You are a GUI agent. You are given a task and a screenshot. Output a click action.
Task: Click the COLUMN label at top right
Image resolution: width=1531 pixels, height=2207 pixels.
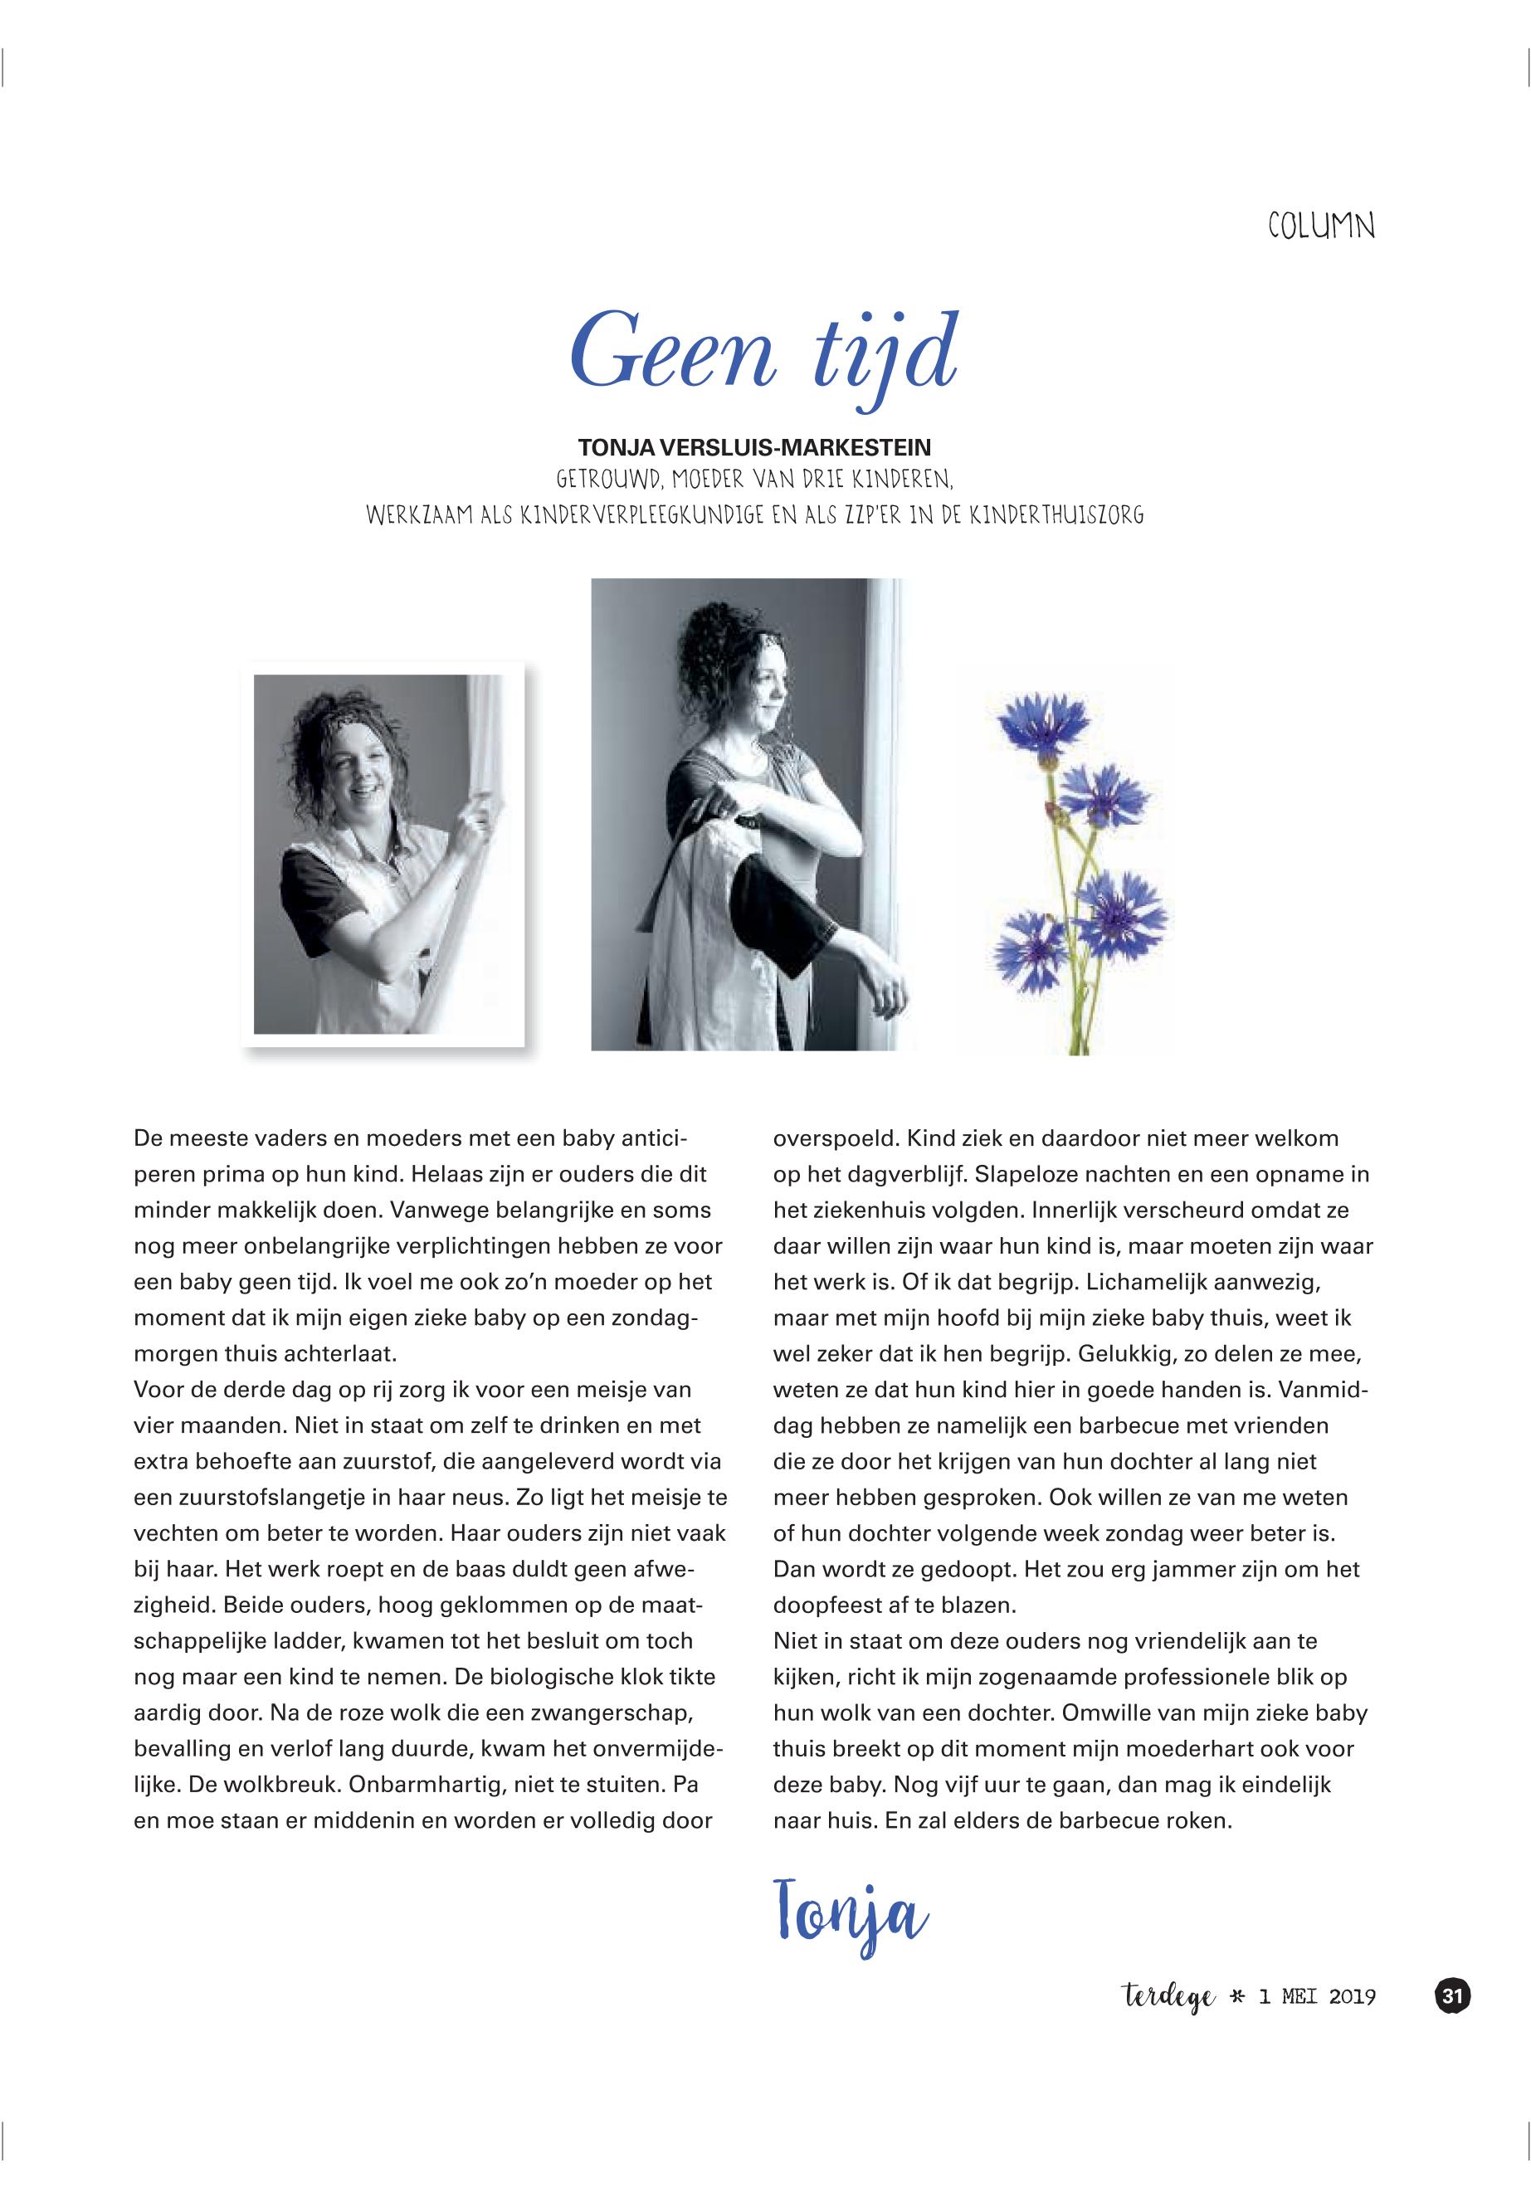tap(1321, 227)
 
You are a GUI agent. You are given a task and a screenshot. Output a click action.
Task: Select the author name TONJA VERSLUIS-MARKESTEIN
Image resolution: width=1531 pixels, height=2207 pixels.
tap(755, 447)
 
